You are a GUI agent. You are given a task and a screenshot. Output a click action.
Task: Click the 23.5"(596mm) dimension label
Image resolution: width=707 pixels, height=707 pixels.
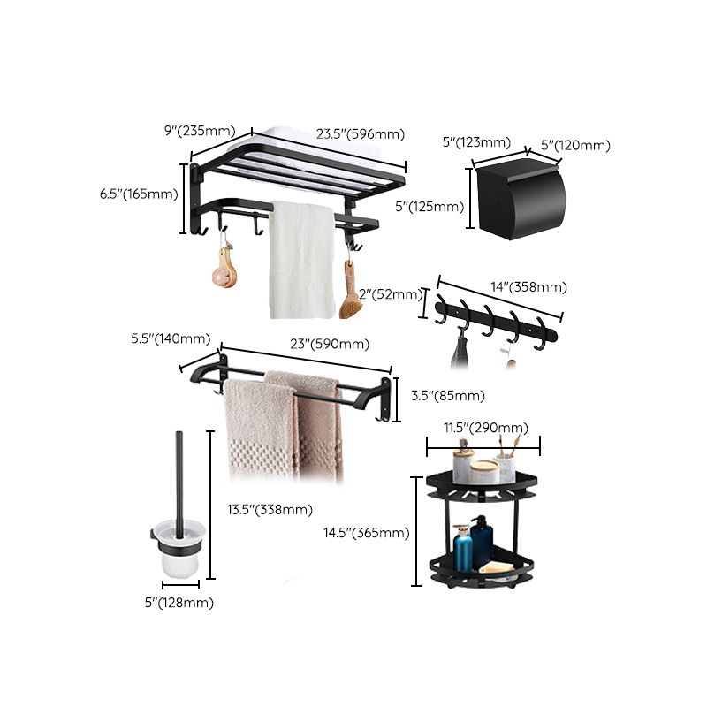click(x=361, y=134)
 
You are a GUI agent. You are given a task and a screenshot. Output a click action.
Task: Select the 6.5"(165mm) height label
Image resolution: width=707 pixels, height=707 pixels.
click(x=139, y=194)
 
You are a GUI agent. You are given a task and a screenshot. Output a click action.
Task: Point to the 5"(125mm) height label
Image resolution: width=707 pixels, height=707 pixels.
click(x=430, y=207)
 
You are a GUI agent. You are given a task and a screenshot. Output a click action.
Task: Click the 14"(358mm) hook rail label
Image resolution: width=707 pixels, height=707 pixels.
click(x=529, y=286)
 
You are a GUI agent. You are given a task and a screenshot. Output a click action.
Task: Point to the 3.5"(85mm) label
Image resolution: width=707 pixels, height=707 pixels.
click(x=447, y=395)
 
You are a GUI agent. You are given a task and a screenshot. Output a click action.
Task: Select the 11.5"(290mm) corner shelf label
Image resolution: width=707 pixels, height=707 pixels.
click(x=484, y=428)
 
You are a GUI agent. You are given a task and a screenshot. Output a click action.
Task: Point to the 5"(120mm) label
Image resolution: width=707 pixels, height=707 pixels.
click(x=575, y=145)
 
